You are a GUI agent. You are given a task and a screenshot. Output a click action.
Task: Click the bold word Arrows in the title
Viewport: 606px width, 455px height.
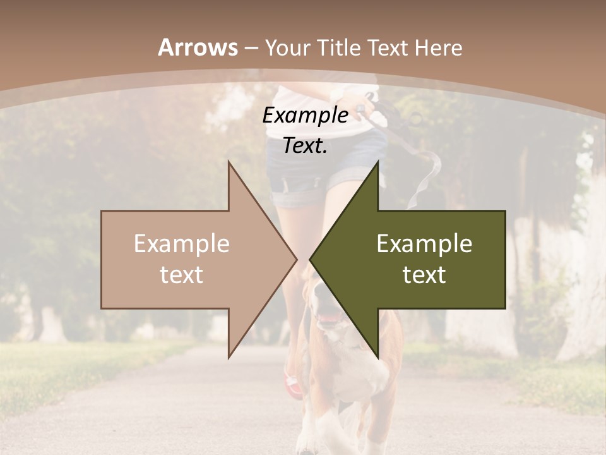198,47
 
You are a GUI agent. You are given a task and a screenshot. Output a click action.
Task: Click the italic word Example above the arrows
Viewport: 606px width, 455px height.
305,116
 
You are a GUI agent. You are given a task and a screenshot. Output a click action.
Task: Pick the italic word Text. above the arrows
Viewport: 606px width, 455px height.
305,146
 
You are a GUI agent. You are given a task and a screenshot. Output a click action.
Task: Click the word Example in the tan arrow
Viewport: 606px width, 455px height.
182,244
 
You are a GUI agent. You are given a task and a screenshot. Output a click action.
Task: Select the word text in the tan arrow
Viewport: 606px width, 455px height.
182,275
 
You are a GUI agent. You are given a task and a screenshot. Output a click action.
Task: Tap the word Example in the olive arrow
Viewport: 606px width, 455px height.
424,244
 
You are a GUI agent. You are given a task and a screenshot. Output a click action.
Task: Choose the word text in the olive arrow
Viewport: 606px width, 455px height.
424,275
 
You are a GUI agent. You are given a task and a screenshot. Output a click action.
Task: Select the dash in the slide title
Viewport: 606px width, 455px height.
251,49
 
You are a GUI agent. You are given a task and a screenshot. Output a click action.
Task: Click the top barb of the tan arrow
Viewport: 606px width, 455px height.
230,166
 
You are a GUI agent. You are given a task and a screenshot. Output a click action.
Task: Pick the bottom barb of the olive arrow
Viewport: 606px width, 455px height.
377,354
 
